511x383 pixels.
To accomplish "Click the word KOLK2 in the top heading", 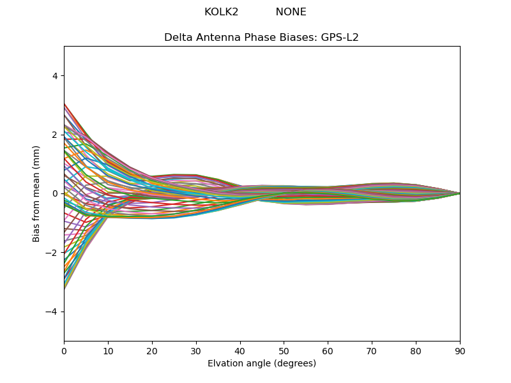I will [x=221, y=12].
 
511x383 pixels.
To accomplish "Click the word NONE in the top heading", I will [x=291, y=12].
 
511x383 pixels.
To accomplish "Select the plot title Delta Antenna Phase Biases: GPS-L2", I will [x=261, y=37].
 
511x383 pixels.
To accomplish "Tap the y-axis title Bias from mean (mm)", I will [x=36, y=193].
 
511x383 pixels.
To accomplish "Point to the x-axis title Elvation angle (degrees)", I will [x=261, y=363].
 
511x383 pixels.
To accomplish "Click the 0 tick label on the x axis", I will [x=64, y=350].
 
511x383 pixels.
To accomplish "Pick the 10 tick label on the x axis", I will [x=108, y=350].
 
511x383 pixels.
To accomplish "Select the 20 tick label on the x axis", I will [x=152, y=350].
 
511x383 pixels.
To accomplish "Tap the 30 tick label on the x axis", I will [x=196, y=350].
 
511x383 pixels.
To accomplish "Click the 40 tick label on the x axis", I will [x=240, y=350].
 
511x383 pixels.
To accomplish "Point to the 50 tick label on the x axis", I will [x=284, y=350].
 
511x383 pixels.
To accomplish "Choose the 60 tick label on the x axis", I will [x=328, y=350].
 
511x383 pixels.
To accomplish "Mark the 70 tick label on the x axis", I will [x=372, y=350].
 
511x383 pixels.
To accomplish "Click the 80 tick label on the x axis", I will [x=416, y=350].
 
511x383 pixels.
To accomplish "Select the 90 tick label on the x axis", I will [x=460, y=350].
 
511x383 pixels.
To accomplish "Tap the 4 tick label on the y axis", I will [x=55, y=75].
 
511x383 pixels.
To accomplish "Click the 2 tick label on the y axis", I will [x=55, y=135].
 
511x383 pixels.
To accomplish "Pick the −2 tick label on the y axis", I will [x=52, y=253].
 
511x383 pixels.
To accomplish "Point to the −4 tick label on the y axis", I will [x=52, y=312].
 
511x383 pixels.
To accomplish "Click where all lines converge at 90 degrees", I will [x=459, y=193].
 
